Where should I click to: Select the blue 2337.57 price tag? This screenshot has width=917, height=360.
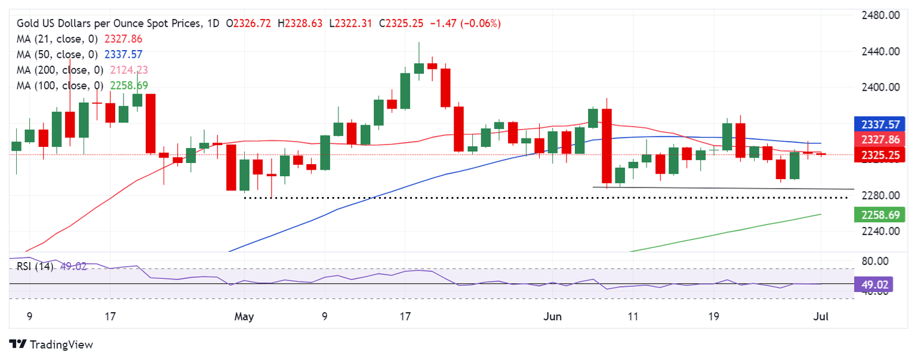click(880, 124)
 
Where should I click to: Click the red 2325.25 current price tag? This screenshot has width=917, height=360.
click(880, 155)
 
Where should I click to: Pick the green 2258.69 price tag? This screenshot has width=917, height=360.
click(880, 214)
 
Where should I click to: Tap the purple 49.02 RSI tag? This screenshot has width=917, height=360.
click(873, 284)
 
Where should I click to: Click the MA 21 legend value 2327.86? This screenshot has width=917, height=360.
click(124, 39)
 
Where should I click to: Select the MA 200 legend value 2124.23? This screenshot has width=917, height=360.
click(129, 70)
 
